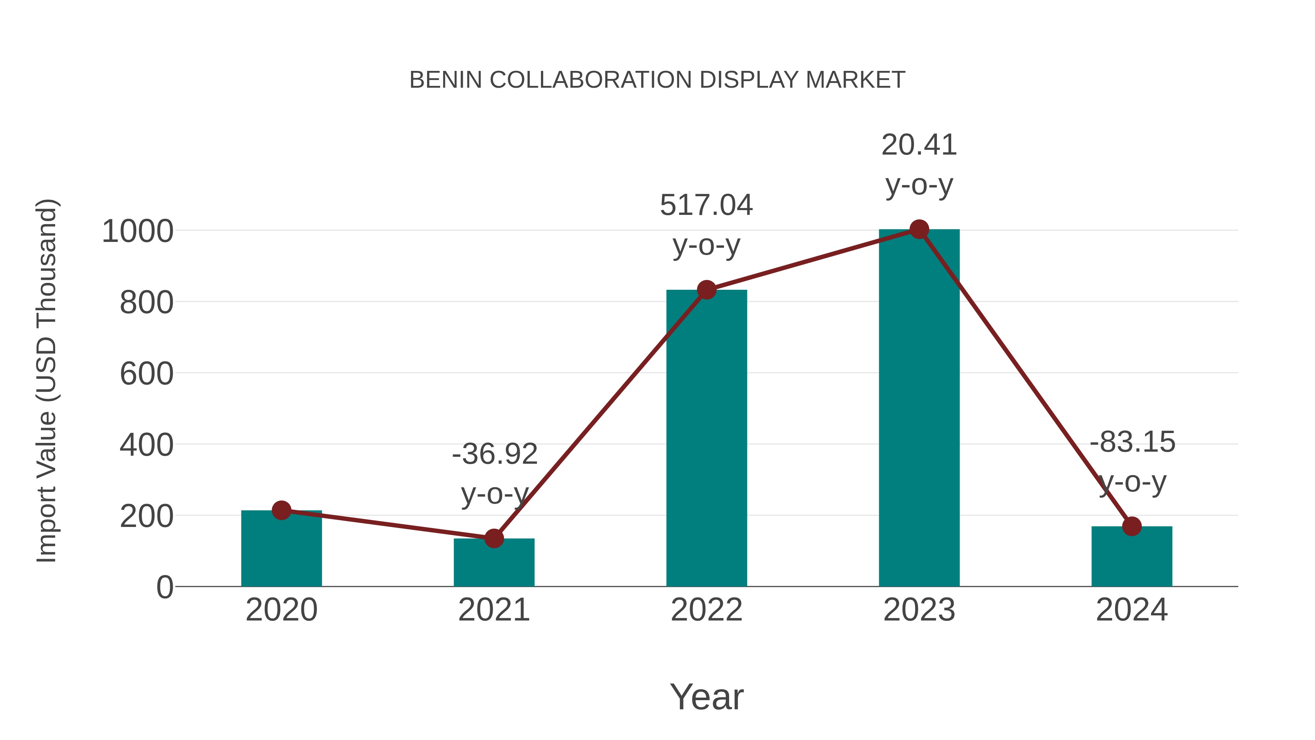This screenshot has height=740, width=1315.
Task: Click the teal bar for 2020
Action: coord(281,551)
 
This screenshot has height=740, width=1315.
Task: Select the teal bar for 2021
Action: coord(493,564)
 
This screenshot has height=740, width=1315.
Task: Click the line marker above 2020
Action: coord(281,510)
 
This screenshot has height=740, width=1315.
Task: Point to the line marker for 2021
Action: coord(493,538)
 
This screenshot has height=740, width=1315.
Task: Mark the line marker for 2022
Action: coord(706,289)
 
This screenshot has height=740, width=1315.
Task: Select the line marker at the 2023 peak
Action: coord(919,229)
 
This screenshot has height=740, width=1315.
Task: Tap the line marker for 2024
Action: coord(1132,526)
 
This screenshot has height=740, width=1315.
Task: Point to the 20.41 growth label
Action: coord(919,145)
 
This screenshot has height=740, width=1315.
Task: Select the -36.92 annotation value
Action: coord(495,454)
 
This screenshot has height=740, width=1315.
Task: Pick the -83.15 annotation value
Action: coord(1132,442)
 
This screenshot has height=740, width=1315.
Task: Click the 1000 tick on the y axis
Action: coord(138,231)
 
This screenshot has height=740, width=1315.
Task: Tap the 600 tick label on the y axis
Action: coord(146,374)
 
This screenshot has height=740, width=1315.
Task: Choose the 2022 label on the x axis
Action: coord(706,610)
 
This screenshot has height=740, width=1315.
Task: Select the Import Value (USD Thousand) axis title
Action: coord(46,380)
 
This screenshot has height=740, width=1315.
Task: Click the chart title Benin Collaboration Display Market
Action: coord(657,80)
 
